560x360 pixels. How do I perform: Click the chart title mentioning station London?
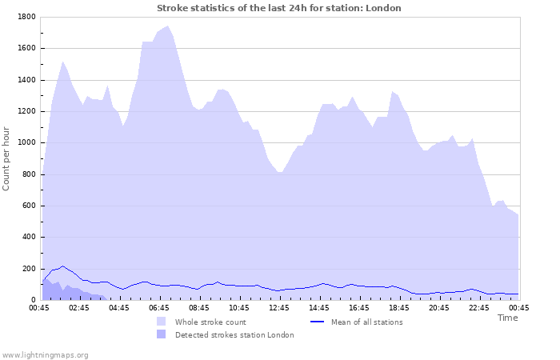[x=278, y=8]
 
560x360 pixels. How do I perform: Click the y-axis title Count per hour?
[x=7, y=158]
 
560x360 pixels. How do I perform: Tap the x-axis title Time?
[x=507, y=318]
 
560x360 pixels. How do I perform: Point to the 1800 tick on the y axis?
[x=26, y=17]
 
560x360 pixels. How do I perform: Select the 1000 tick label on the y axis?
[x=26, y=143]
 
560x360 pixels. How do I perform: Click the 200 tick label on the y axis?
[x=28, y=269]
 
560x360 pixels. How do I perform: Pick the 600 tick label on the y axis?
[x=28, y=206]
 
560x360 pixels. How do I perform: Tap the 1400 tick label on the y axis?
[x=26, y=80]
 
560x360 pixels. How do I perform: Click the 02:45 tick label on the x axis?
[x=79, y=307]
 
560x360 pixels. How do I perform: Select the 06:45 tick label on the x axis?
[x=159, y=307]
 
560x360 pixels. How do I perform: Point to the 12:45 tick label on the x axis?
[x=279, y=307]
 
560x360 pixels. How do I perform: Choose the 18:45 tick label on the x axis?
[x=399, y=307]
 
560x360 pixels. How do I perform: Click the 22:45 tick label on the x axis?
[x=479, y=307]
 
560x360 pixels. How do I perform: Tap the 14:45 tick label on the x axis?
[x=319, y=307]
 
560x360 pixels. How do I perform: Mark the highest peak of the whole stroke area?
[x=168, y=26]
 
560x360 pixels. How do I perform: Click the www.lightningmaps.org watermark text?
[x=45, y=354]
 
